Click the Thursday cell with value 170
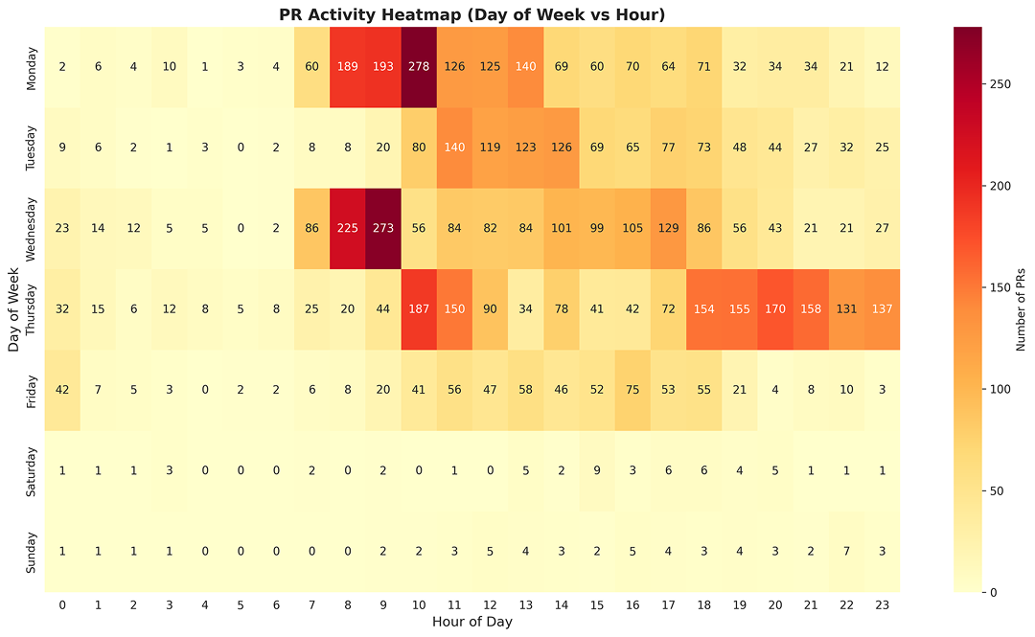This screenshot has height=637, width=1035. pos(774,309)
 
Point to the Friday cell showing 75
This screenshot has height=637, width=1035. pos(632,390)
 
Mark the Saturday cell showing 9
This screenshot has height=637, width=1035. pos(596,470)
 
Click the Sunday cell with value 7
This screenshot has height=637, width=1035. pos(846,551)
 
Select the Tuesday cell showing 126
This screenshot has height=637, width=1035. pos(561,148)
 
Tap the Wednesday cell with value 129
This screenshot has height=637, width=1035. pos(668,228)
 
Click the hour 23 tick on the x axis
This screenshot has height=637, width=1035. pos(882,604)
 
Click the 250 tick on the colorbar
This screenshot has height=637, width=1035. pos(993,84)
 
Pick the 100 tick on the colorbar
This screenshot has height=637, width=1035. pos(993,389)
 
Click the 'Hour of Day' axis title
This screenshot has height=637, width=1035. pos(471,622)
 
